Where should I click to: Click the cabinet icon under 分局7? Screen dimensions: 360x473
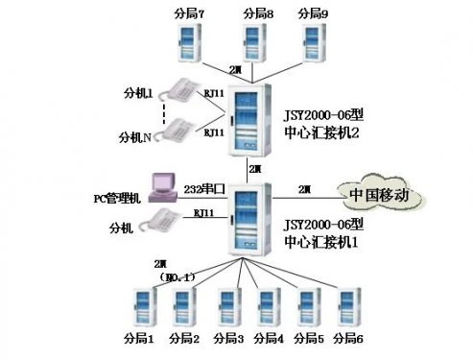pos(193,44)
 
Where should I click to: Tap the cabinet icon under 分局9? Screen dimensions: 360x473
pos(314,44)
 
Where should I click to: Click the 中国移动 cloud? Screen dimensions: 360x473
pos(379,195)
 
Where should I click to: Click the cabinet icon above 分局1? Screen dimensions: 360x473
pos(140,308)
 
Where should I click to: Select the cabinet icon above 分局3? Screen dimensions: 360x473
pos(227,308)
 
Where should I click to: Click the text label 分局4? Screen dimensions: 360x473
pos(269,339)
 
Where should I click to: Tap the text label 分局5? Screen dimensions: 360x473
pos(309,339)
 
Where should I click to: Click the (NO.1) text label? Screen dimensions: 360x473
pos(177,276)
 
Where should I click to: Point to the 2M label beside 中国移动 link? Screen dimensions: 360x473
pos(304,188)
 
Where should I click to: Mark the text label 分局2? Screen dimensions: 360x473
pos(184,339)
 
